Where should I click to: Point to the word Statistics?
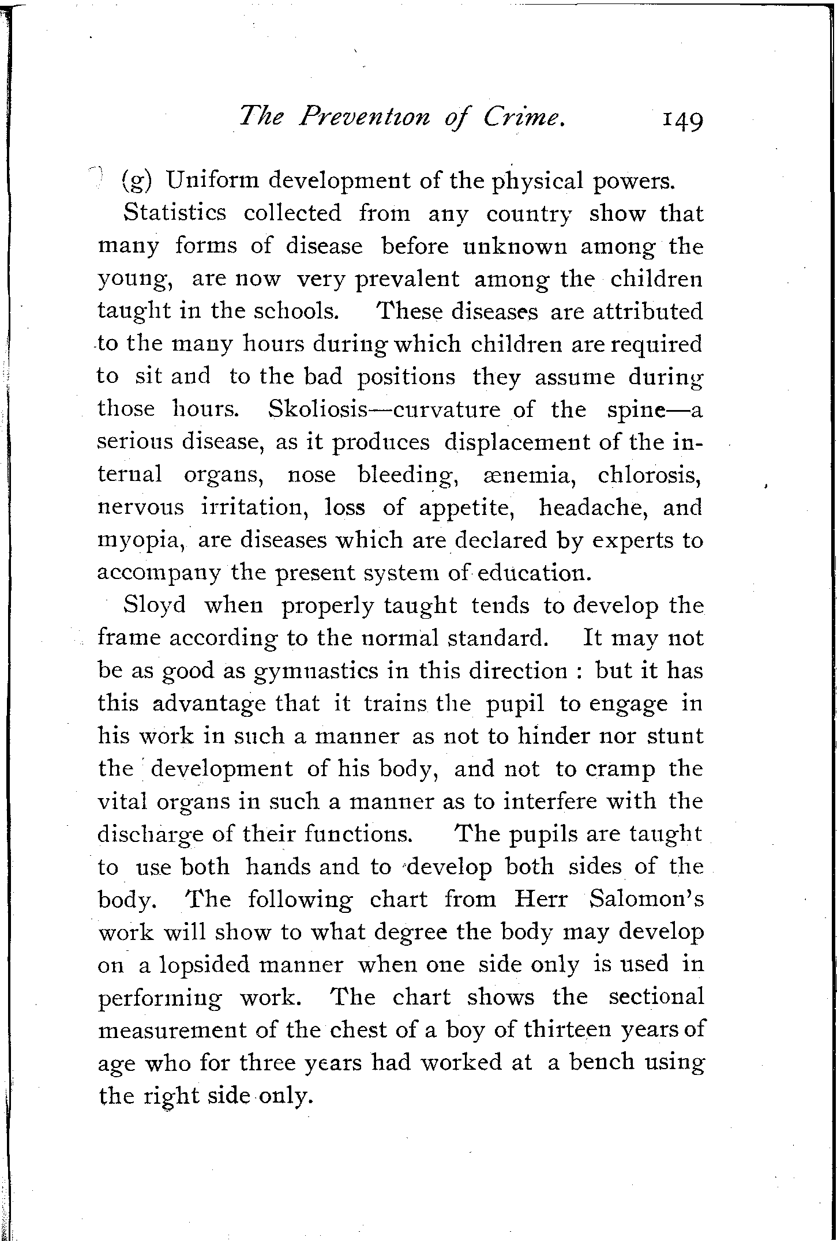[x=175, y=213]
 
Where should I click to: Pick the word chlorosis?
[x=650, y=475]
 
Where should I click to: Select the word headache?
[x=593, y=507]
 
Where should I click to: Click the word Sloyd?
[x=155, y=606]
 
